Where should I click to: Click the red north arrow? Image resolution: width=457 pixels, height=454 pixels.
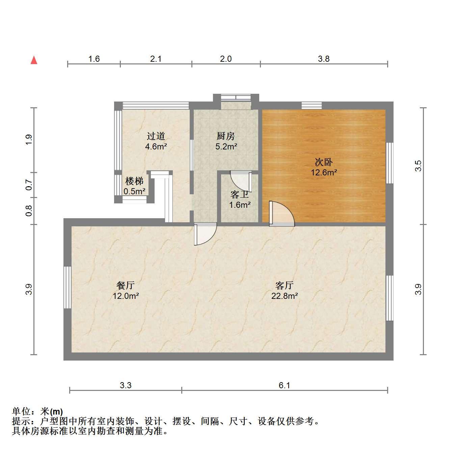click(34, 60)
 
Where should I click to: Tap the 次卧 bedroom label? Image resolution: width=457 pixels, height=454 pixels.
click(323, 162)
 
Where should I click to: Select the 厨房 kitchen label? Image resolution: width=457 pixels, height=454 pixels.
click(225, 136)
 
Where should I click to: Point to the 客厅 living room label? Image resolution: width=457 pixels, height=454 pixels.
click(284, 285)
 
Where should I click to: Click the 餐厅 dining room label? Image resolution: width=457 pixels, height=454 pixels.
click(126, 285)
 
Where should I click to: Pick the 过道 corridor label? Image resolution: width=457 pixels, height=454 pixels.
click(156, 136)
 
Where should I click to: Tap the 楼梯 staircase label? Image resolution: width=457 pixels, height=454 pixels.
click(134, 181)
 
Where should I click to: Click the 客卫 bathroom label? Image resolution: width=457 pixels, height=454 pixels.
click(240, 195)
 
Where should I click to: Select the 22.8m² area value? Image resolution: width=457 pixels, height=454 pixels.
click(284, 296)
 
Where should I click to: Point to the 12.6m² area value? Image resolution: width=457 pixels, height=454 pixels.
click(324, 172)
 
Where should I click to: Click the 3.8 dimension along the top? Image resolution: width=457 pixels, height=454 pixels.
click(323, 59)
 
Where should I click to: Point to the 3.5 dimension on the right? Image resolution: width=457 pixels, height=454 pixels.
click(418, 166)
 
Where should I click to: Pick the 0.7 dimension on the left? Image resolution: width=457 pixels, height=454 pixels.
click(29, 185)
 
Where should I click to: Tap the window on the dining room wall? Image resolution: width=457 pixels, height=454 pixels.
click(68, 287)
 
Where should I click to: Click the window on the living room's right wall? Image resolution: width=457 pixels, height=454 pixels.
click(389, 298)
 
